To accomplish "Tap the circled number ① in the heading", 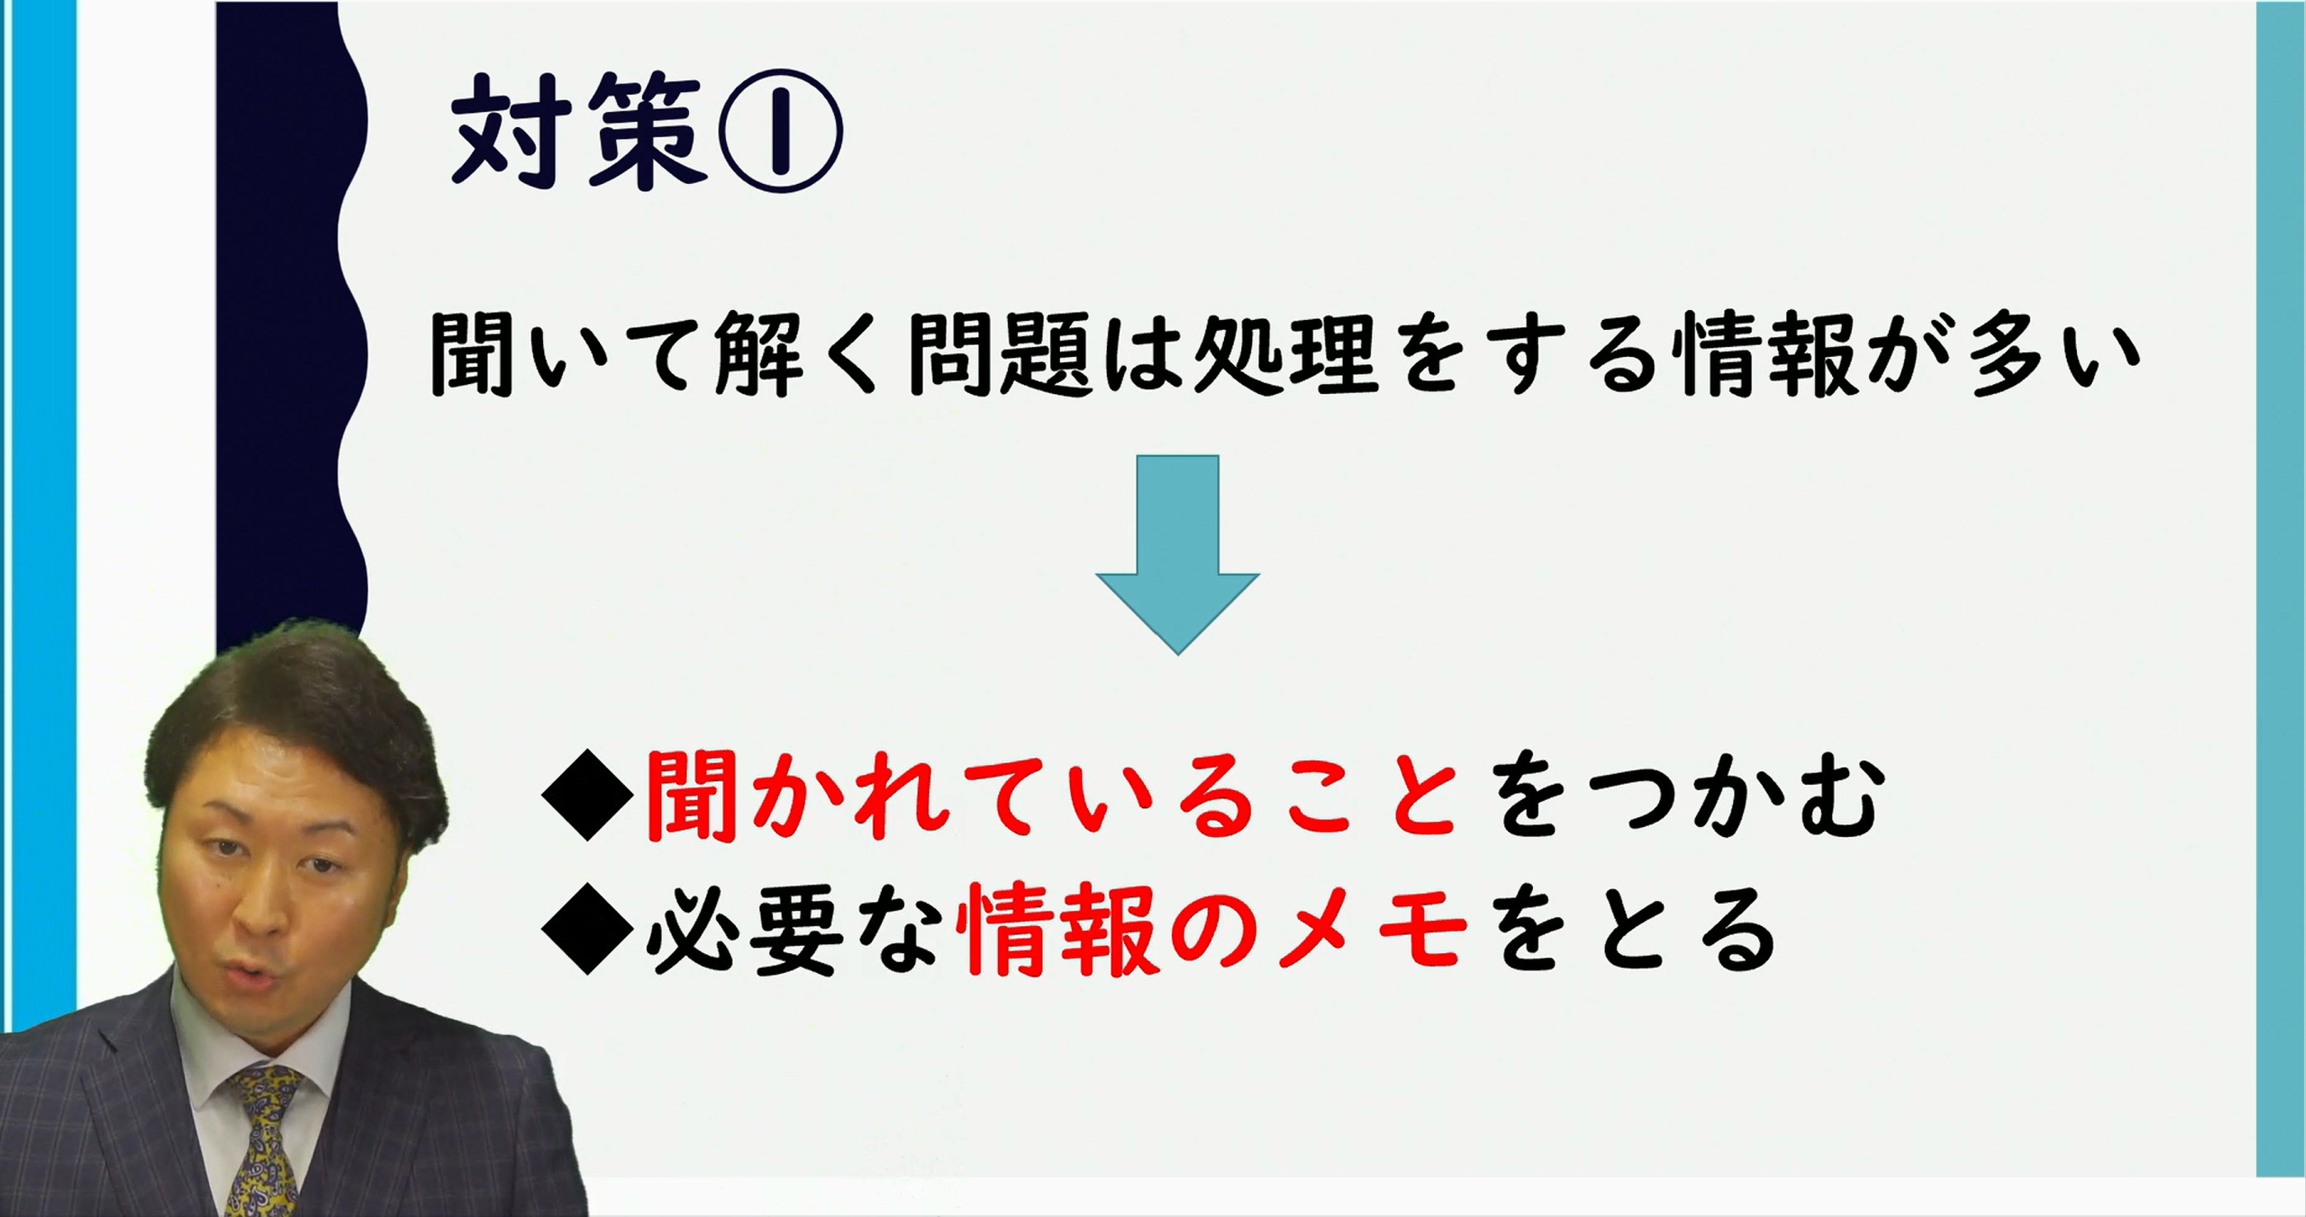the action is click(x=781, y=131).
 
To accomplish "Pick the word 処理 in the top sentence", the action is click(x=1286, y=355).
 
